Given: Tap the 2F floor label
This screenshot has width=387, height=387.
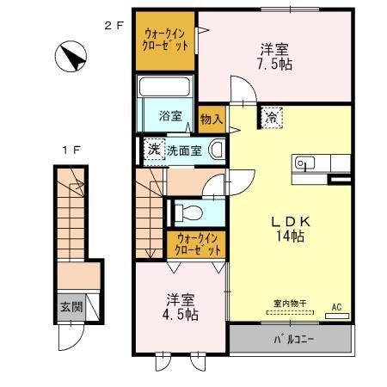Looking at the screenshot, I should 114,25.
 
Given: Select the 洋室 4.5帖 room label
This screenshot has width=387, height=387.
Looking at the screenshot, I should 181,308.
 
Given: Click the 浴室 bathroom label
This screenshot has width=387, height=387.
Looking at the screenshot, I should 169,115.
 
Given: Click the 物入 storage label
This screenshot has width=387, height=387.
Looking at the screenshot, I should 211,119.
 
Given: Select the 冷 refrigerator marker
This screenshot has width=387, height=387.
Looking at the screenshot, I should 271,117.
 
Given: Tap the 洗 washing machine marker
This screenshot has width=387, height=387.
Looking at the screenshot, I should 154,148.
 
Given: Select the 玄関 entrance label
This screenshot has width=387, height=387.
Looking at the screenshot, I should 71,307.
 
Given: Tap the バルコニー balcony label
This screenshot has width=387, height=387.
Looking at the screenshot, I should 294,339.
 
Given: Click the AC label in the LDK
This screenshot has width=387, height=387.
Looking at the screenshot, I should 336,306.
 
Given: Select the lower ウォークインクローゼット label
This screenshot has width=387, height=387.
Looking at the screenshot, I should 198,243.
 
